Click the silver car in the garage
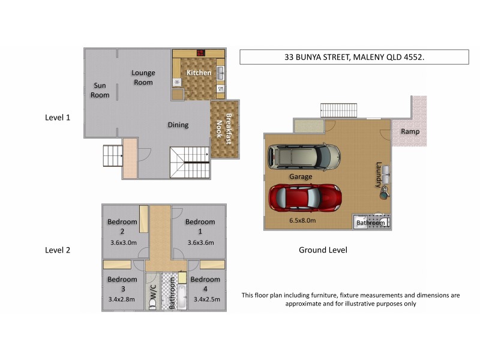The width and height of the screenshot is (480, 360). click(x=303, y=157)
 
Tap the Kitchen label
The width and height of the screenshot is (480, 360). click(x=199, y=73)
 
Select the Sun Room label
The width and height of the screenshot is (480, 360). click(x=100, y=90)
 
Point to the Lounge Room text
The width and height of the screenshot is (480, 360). click(x=143, y=77)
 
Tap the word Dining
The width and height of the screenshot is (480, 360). click(x=178, y=125)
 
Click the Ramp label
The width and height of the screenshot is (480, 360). click(x=410, y=131)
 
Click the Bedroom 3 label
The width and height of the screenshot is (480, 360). click(x=122, y=284)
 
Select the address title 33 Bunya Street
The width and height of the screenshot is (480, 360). click(x=354, y=57)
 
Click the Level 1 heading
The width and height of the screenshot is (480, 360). click(x=58, y=118)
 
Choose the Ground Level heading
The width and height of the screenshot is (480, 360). click(x=323, y=250)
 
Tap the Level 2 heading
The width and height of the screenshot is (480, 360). click(x=58, y=250)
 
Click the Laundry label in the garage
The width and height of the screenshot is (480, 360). click(x=379, y=173)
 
